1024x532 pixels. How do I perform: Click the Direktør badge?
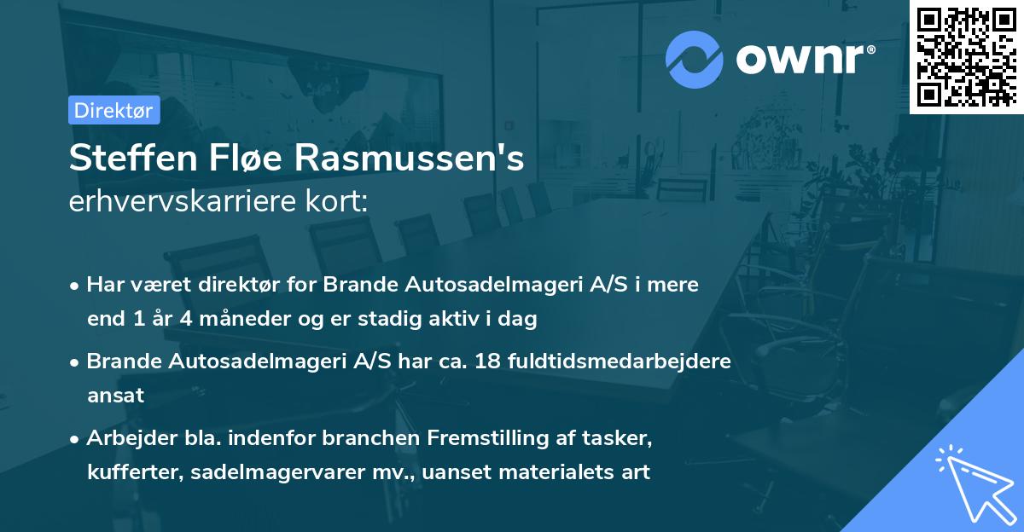tap(113, 110)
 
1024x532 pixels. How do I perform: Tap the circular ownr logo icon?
tap(695, 59)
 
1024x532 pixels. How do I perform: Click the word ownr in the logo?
tap(803, 59)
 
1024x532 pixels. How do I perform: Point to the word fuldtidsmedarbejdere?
tap(619, 361)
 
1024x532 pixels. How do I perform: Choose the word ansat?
tap(115, 396)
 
